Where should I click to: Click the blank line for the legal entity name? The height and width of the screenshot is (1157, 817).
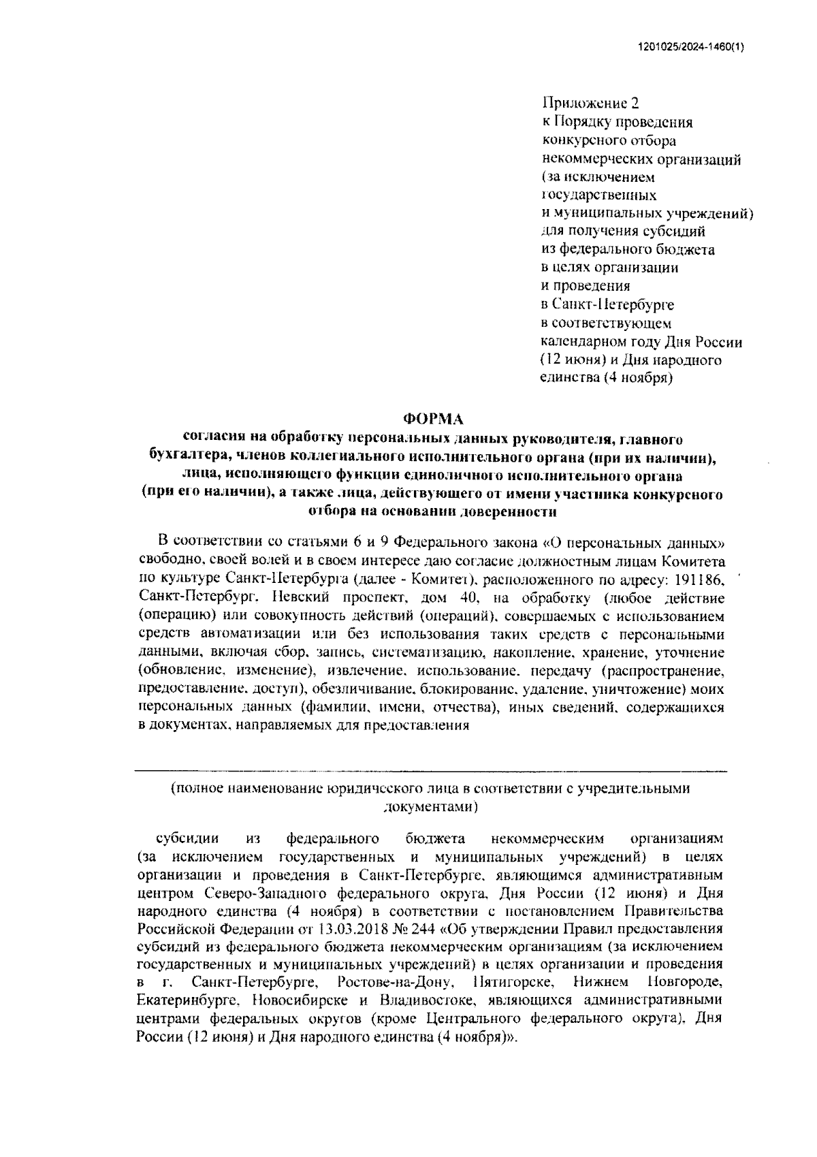[x=430, y=770]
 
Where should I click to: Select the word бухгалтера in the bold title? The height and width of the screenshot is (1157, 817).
[x=187, y=456]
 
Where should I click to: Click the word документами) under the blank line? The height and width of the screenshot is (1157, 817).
[x=431, y=806]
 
